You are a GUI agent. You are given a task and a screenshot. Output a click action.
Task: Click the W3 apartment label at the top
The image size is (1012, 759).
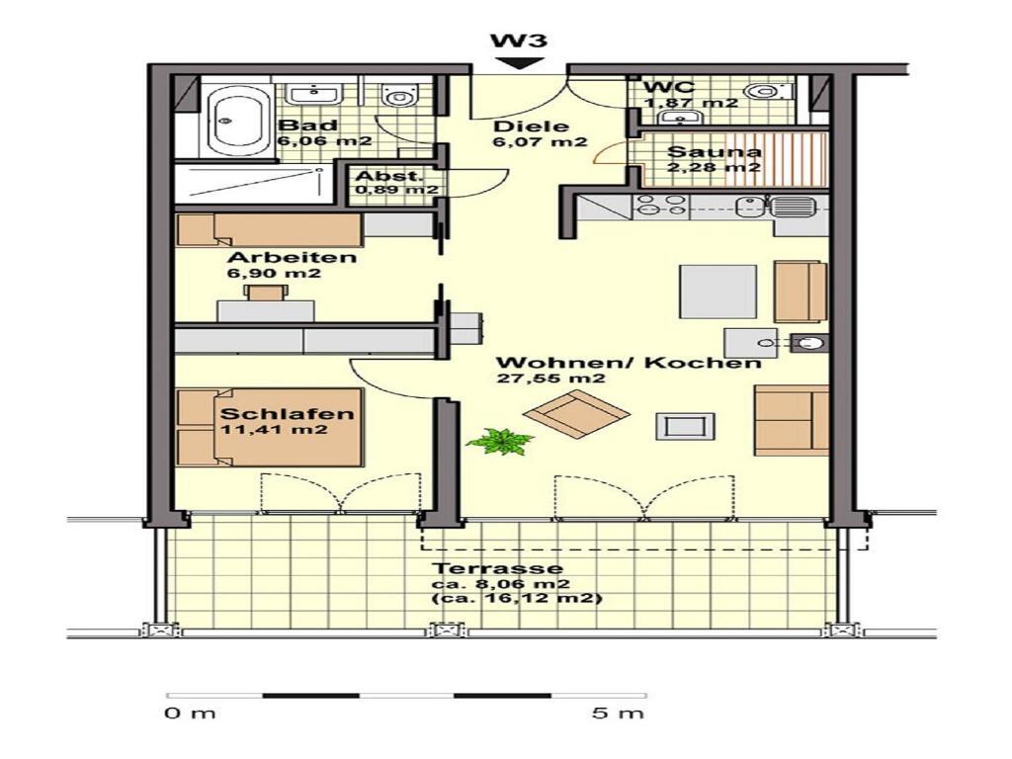tap(519, 41)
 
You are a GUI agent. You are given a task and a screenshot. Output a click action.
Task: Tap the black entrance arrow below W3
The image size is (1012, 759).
tap(519, 63)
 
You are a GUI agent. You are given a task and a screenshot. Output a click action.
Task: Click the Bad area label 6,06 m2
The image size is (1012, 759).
tap(324, 141)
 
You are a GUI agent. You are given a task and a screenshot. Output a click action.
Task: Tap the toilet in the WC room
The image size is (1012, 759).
tap(769, 92)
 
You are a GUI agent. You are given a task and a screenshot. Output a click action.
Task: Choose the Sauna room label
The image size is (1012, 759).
tap(714, 152)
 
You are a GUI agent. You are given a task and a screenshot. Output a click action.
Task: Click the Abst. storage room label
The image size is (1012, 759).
tap(389, 176)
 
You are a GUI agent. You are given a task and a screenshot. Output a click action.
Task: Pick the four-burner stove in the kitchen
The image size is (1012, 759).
tap(659, 205)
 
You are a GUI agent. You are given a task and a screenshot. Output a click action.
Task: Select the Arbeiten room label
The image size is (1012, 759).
tap(292, 257)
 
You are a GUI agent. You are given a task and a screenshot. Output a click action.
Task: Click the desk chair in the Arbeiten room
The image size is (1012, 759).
tap(265, 293)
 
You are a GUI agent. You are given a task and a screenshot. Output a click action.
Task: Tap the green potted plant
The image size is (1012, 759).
tap(499, 442)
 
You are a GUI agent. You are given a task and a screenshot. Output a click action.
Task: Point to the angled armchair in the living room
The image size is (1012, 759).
tap(576, 414)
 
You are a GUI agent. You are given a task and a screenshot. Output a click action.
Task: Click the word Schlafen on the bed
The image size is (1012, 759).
tap(287, 414)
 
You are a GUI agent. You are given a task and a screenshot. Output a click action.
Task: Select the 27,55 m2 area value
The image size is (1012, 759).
tap(550, 379)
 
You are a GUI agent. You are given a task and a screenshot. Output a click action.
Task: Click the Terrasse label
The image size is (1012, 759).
tap(497, 568)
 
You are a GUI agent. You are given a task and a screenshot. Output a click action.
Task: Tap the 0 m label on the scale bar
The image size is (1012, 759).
tap(190, 713)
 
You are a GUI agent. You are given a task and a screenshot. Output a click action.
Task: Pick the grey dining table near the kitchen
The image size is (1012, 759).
tap(717, 292)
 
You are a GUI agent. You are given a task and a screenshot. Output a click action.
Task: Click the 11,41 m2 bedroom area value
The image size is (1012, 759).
tap(274, 430)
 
